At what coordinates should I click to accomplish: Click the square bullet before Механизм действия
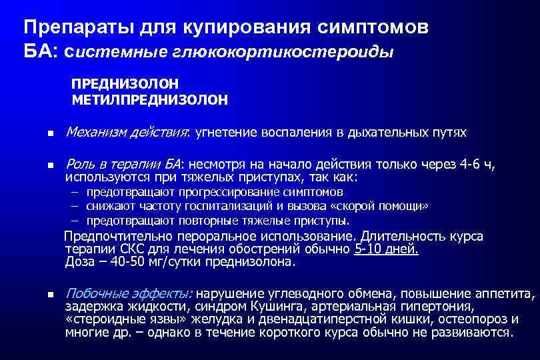pyautogui.click(x=41, y=133)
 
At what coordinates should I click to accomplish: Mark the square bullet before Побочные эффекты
pyautogui.click(x=41, y=294)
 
